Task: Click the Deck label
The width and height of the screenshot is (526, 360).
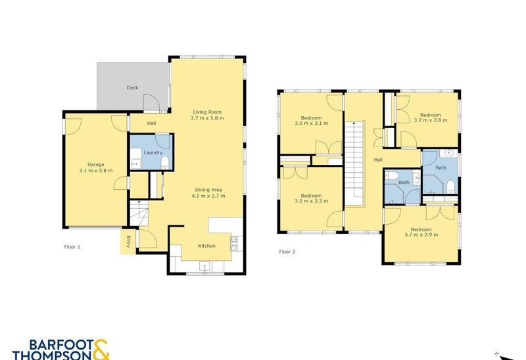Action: tap(133, 88)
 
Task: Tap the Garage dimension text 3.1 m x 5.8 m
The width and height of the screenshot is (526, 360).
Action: tap(96, 171)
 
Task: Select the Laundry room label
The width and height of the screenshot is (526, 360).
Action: tap(153, 152)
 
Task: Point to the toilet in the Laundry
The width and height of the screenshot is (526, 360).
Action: tap(165, 163)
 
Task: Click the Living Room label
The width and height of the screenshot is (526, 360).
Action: tap(207, 112)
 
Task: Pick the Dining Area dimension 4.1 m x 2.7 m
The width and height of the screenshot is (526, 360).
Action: tap(208, 196)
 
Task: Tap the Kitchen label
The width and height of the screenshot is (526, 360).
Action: tap(206, 246)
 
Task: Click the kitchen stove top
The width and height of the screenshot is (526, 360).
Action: tap(234, 243)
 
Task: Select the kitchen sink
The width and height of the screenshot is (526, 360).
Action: tap(204, 267)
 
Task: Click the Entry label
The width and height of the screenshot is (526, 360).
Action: tap(128, 242)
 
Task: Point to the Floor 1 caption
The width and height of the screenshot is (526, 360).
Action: tap(72, 247)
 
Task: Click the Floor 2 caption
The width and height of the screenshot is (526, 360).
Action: tap(287, 252)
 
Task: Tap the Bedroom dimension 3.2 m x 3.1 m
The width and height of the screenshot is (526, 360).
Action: tap(311, 123)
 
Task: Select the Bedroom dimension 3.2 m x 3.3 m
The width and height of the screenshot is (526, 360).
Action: tap(311, 201)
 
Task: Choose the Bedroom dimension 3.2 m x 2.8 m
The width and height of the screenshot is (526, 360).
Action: tap(431, 120)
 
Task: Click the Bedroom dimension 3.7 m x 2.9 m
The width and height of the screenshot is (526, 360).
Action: tap(421, 235)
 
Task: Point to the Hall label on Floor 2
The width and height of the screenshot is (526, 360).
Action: tap(378, 160)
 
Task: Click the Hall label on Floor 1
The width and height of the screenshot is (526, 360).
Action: tap(151, 124)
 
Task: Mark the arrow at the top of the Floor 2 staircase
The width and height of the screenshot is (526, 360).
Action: tap(354, 124)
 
